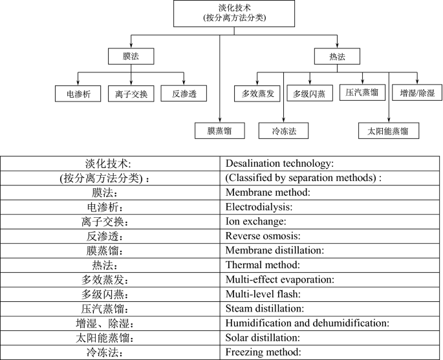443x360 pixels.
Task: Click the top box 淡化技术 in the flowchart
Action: tap(234, 13)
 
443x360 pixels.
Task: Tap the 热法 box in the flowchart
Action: tap(337, 56)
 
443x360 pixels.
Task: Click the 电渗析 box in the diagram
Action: tap(78, 94)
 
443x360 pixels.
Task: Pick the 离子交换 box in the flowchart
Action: tap(131, 94)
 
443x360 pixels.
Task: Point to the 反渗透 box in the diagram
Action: tap(184, 94)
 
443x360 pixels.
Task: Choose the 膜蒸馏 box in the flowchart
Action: tap(221, 131)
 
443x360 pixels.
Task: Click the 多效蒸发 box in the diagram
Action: tap(257, 94)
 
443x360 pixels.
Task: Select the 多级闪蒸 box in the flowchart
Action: tap(310, 94)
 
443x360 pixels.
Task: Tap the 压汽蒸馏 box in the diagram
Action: tap(362, 92)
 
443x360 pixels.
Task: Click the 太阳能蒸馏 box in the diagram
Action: tap(388, 131)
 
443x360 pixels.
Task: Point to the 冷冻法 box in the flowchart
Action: tap(283, 131)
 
